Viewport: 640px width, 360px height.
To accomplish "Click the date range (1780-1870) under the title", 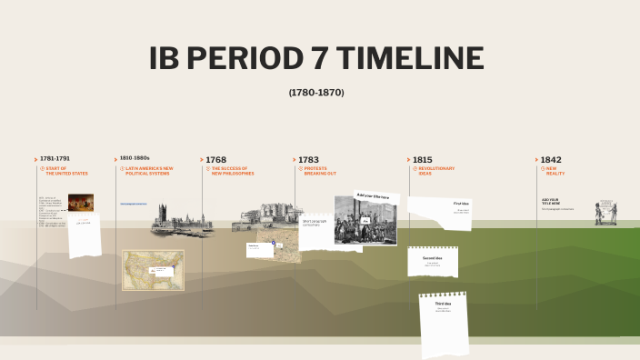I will coord(316,93).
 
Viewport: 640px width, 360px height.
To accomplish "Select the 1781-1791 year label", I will coord(55,158).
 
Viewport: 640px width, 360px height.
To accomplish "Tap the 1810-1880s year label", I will coord(135,158).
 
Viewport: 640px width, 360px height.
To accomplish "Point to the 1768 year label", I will coord(216,159).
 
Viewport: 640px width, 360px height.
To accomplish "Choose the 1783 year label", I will coord(308,159).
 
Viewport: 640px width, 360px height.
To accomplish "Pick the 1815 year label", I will coord(422,159).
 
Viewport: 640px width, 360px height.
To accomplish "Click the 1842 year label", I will coord(550,159).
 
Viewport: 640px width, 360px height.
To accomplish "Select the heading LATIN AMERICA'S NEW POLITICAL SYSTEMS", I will coord(149,171).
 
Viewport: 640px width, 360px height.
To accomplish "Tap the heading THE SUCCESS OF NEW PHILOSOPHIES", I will coord(233,171).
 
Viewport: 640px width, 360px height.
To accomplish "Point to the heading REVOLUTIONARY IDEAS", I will coord(436,171).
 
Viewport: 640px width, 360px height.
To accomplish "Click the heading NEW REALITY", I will coord(555,171).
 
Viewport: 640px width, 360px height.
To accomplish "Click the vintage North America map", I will coord(153,270).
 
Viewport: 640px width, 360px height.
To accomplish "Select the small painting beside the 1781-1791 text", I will coord(81,202).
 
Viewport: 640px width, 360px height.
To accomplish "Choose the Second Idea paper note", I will coord(433,262).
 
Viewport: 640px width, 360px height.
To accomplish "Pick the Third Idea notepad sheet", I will coord(444,322).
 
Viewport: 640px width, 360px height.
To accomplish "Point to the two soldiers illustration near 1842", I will coord(606,213).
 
